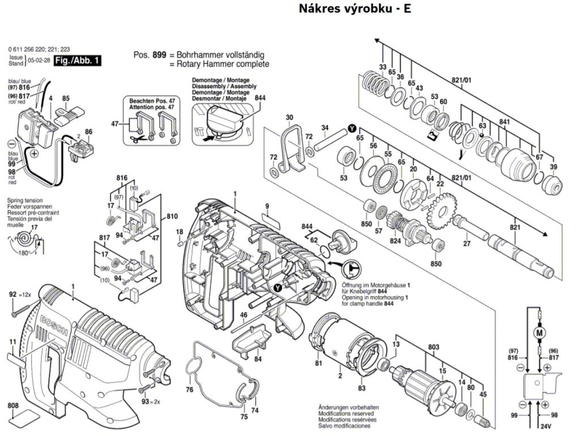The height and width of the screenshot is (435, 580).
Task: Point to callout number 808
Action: (x=12, y=406)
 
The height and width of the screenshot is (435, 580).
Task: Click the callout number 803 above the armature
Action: (x=433, y=346)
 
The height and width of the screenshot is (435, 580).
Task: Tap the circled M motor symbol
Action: (x=539, y=332)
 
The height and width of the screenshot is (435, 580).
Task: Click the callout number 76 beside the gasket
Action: (x=190, y=390)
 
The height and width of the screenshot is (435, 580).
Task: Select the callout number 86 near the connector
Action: (x=88, y=132)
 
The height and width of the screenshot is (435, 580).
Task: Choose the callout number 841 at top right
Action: (x=505, y=122)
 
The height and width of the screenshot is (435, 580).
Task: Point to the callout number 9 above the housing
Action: (x=267, y=204)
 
